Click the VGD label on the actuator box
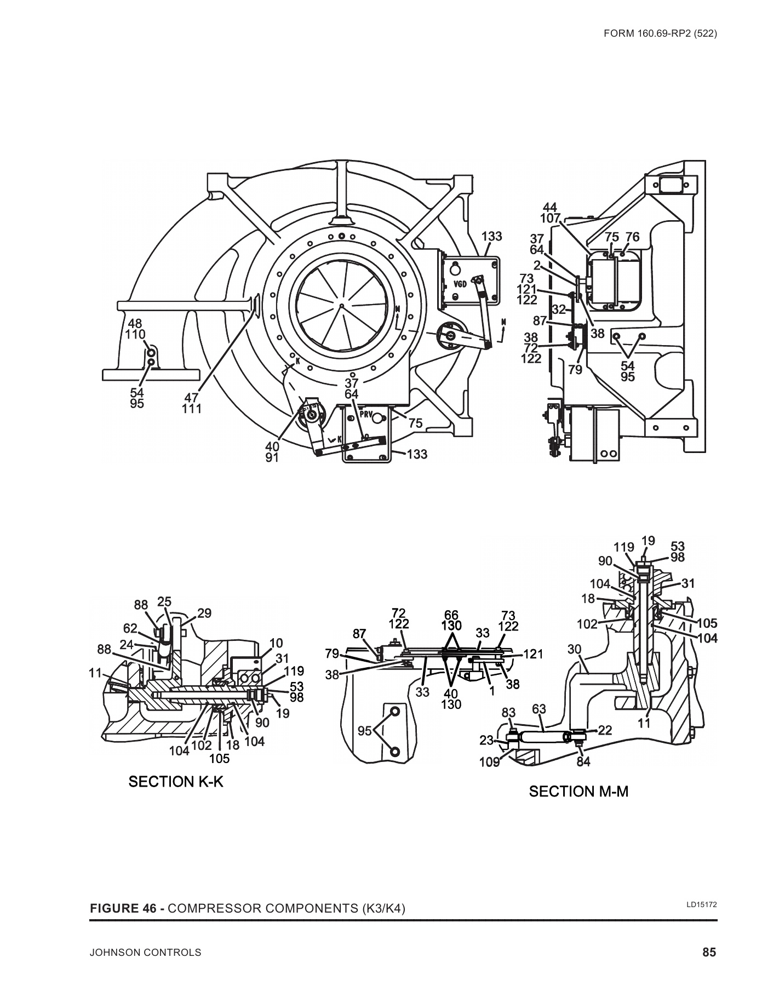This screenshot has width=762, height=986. tap(460, 284)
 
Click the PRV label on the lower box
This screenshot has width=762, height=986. tap(366, 414)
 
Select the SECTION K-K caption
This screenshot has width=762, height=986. tap(176, 782)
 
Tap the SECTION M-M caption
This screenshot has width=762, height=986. tap(578, 791)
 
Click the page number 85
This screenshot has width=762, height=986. tap(709, 952)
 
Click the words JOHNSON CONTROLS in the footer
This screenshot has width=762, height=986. tap(145, 953)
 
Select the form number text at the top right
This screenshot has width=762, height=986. tap(660, 33)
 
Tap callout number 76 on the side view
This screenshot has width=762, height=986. tap(632, 237)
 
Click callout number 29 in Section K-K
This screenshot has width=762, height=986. tap(204, 613)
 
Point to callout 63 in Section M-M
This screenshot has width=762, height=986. tap(539, 709)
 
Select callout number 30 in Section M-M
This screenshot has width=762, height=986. tap(574, 649)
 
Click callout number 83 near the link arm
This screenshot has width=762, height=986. tap(509, 713)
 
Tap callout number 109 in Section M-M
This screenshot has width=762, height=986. tap(490, 761)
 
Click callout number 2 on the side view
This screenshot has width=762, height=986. tap(537, 265)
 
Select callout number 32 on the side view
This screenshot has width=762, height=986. tap(558, 309)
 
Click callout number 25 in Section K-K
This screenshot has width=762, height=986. tap(164, 602)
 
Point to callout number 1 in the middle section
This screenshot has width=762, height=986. tap(492, 691)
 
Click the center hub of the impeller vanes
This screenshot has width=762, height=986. tap(341, 305)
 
